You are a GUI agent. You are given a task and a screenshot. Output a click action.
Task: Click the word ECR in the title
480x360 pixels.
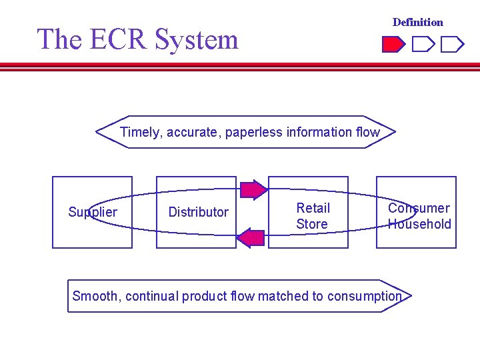(117, 39)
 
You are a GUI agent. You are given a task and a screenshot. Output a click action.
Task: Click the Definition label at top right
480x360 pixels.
(417, 22)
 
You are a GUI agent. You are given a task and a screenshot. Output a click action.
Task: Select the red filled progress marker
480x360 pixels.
(393, 45)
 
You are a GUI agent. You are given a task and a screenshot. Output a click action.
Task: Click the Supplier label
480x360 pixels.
(93, 212)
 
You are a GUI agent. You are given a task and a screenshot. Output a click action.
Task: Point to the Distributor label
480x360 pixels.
(198, 212)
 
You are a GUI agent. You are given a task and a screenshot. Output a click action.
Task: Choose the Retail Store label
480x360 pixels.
(312, 217)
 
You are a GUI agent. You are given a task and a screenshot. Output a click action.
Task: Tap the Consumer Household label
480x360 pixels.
(419, 216)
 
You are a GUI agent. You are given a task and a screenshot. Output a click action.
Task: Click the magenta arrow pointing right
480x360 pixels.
(253, 190)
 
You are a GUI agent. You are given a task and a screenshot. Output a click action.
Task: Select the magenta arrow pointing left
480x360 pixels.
(251, 237)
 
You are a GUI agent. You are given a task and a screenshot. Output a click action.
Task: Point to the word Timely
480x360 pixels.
(141, 132)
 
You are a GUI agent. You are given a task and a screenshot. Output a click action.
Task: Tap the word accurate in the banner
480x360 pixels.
(194, 132)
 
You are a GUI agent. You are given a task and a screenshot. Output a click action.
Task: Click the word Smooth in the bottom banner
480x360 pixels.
(95, 296)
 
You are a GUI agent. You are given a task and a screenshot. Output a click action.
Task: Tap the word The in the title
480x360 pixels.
(59, 39)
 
